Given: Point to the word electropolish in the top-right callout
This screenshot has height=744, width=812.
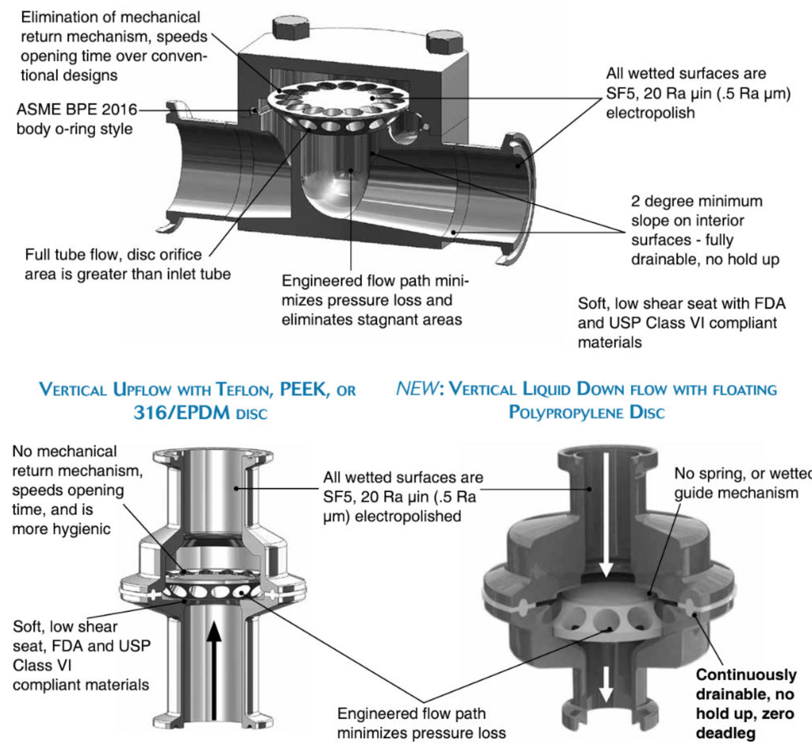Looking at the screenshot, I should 650,113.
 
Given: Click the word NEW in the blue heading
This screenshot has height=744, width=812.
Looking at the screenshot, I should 417,389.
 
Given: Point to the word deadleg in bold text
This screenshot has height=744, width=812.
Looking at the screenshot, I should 725,734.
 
